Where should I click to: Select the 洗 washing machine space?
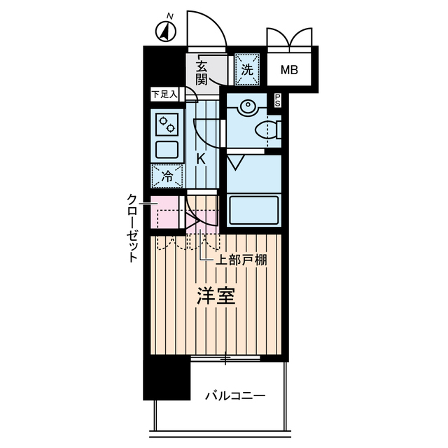(x=246, y=69)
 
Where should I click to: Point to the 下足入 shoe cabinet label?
(x=166, y=94)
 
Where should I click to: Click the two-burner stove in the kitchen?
(x=167, y=125)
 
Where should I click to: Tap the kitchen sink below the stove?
(x=167, y=149)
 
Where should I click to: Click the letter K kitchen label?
(x=201, y=158)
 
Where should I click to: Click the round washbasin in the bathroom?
(x=247, y=107)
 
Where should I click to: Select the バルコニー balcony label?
(x=235, y=396)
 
